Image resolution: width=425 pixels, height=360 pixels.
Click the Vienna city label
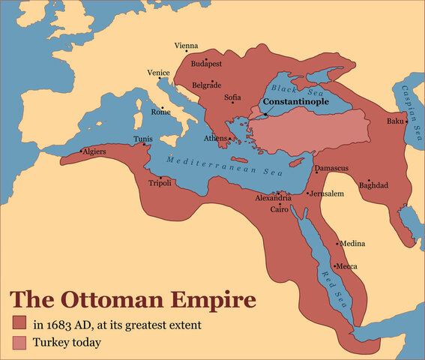(x=186, y=46)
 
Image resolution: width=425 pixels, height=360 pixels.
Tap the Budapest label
(x=207, y=64)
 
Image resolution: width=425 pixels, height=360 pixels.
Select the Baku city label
(x=395, y=121)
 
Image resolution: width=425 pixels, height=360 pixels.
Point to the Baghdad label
(x=373, y=184)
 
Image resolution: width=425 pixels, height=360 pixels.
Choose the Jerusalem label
(x=328, y=193)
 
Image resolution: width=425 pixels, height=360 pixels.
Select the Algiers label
(x=96, y=151)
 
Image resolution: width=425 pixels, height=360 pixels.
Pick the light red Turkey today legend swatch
(x=19, y=343)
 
